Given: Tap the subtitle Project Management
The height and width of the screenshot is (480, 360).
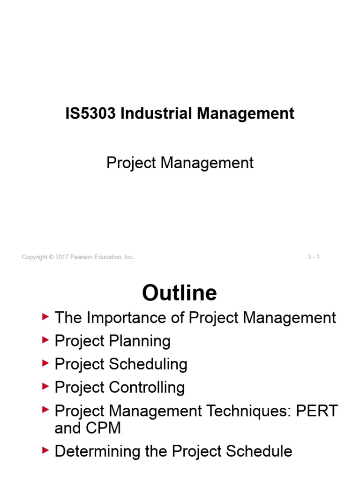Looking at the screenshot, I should point(180,163).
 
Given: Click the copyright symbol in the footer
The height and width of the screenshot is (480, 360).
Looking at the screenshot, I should point(52,257).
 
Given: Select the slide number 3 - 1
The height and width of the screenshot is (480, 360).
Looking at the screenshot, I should point(314,257).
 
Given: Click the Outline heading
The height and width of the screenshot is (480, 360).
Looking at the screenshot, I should point(180,293).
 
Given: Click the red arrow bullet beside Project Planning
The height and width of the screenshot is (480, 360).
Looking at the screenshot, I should point(45,340).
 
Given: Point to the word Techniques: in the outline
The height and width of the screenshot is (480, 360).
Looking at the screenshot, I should point(254,411).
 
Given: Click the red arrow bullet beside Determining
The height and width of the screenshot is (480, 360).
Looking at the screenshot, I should point(45,450).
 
